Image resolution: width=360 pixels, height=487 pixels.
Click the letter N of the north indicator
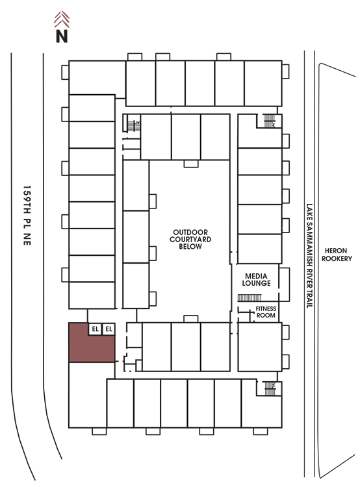(x=62, y=36)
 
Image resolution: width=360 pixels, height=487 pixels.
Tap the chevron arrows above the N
(x=62, y=19)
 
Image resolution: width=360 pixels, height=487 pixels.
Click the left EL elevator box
(x=95, y=329)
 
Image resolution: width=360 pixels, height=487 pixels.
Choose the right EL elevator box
(x=109, y=329)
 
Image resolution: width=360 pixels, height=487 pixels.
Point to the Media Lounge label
(x=256, y=279)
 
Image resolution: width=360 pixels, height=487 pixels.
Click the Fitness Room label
(x=266, y=312)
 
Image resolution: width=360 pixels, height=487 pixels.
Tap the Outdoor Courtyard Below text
(x=190, y=239)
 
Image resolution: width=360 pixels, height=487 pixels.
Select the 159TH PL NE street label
(x=27, y=215)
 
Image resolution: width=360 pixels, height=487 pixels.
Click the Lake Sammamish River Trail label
(x=309, y=255)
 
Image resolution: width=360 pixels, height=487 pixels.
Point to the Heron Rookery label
(x=337, y=255)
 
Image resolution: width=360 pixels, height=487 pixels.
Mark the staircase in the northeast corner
(x=270, y=121)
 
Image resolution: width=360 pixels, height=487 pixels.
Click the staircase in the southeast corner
(x=270, y=388)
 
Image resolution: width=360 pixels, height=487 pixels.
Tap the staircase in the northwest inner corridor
(x=134, y=125)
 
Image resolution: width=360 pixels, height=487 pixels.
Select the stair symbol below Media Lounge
(x=250, y=298)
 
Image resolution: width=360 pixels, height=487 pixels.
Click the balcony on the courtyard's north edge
(x=191, y=164)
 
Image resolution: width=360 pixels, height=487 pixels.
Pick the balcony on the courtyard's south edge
(x=191, y=319)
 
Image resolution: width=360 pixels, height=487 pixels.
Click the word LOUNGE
(x=256, y=283)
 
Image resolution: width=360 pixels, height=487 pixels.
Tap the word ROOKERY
(x=337, y=258)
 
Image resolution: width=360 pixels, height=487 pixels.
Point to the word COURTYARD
(x=190, y=240)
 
